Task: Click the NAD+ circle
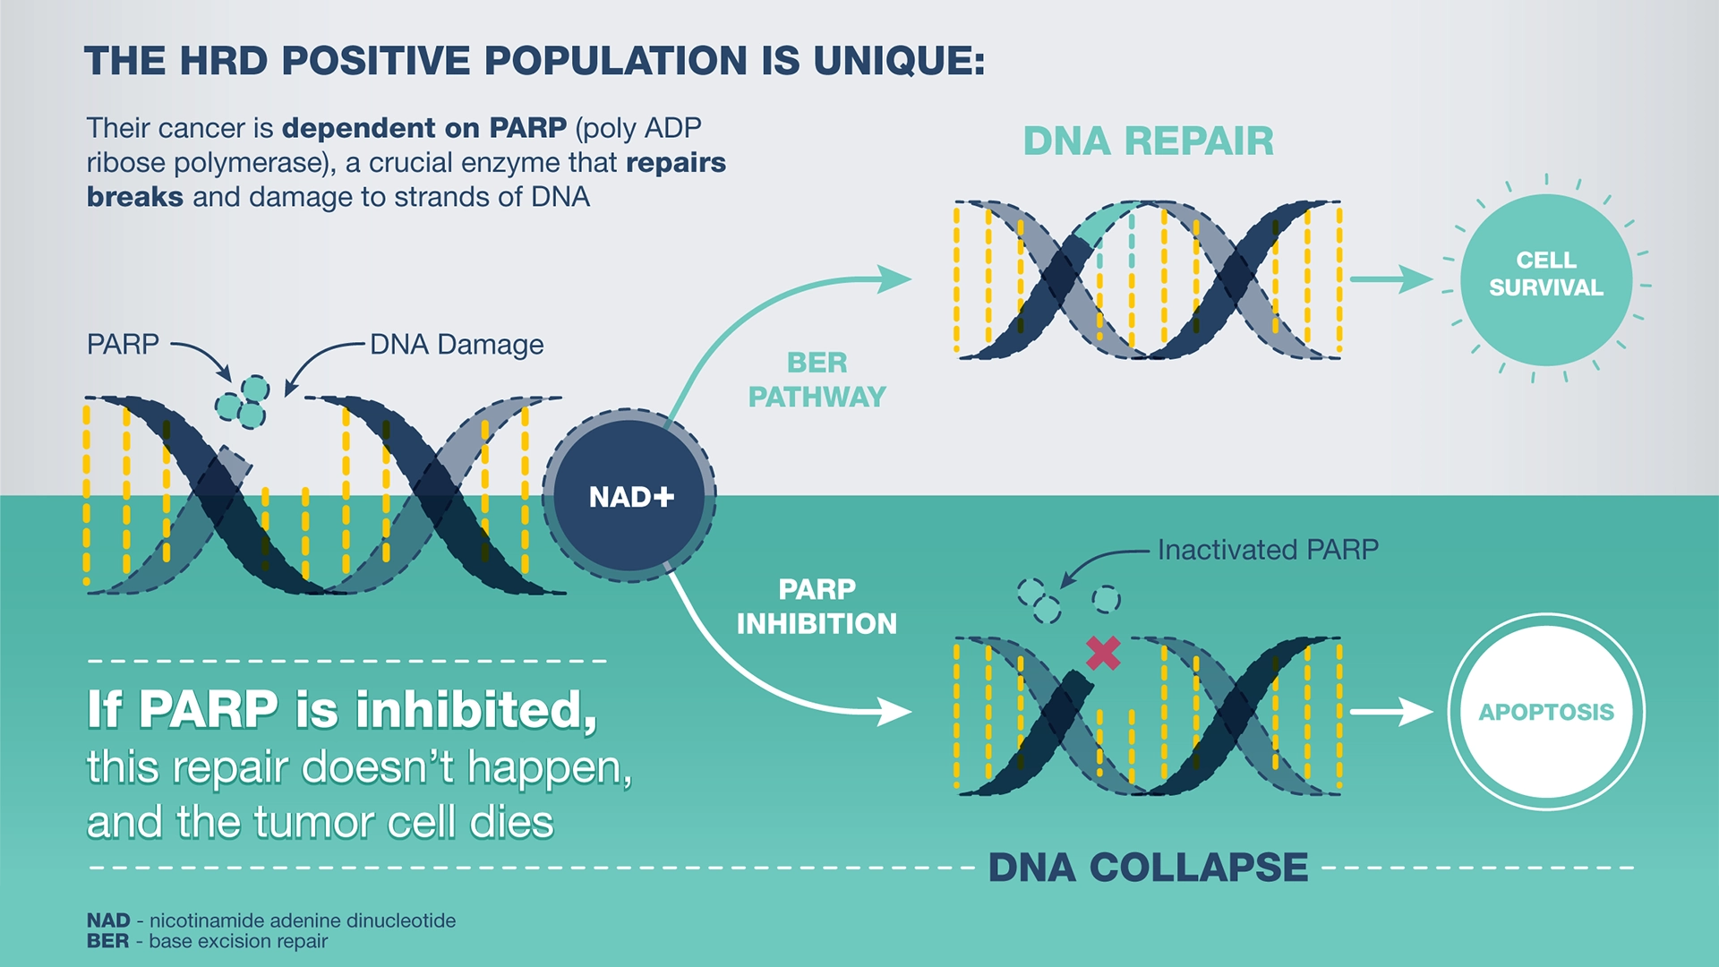point(629,496)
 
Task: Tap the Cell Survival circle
point(1545,279)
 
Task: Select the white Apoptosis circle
point(1545,712)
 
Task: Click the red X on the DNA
point(1103,653)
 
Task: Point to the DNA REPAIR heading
point(1148,141)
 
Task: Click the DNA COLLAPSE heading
point(1148,867)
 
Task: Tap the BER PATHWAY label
point(817,380)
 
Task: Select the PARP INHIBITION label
point(817,606)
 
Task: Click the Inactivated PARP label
point(1268,549)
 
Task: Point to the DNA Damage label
point(457,345)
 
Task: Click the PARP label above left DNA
point(123,344)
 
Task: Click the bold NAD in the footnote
point(108,920)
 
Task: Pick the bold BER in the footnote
point(107,941)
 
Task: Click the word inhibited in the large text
point(475,710)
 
